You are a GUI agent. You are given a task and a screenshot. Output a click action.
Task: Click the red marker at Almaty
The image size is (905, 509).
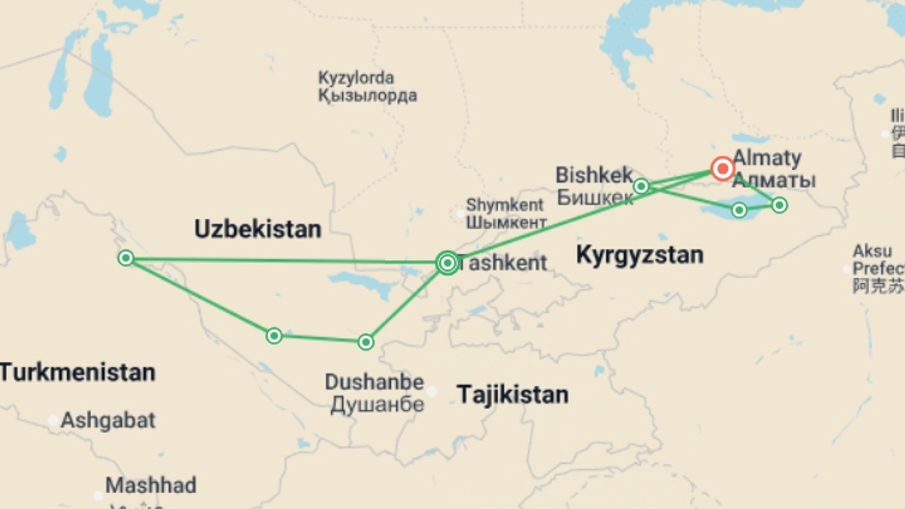pyautogui.click(x=723, y=168)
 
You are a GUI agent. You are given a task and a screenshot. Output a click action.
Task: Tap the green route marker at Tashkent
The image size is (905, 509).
pyautogui.click(x=447, y=263)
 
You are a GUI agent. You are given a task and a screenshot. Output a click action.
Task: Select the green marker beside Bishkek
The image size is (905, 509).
pyautogui.click(x=641, y=186)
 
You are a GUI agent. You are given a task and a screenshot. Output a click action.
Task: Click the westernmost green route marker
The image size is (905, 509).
pyautogui.click(x=126, y=258)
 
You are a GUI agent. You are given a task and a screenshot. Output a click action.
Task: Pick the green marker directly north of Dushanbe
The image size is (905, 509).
pyautogui.click(x=366, y=342)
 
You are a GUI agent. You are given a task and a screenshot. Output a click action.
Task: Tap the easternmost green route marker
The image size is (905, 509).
pyautogui.click(x=779, y=205)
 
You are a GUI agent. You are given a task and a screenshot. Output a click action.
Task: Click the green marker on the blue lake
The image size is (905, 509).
pyautogui.click(x=739, y=210)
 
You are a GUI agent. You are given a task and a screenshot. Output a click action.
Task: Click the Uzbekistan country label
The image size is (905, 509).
pyautogui.click(x=258, y=230)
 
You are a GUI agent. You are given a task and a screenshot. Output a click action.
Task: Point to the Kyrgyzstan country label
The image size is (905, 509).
pyautogui.click(x=640, y=255)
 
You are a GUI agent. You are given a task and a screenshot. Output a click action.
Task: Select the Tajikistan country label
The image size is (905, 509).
pyautogui.click(x=512, y=394)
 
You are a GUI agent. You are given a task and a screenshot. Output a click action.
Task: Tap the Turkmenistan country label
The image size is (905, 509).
pyautogui.click(x=77, y=372)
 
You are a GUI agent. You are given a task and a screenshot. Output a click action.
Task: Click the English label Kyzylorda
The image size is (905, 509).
pyautogui.click(x=356, y=78)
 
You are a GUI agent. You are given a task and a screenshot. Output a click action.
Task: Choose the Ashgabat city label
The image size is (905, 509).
pyautogui.click(x=108, y=420)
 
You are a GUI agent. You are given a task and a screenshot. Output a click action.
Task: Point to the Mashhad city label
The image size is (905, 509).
pyautogui.click(x=151, y=485)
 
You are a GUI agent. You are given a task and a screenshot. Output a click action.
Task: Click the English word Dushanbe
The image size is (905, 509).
pyautogui.click(x=374, y=382)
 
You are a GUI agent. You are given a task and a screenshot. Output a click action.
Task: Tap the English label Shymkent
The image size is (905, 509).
pyautogui.click(x=504, y=205)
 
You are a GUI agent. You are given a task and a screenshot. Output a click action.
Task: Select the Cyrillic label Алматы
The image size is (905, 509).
pyautogui.click(x=774, y=181)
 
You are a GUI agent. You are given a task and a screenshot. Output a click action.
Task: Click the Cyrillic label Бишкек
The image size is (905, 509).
pyautogui.click(x=595, y=197)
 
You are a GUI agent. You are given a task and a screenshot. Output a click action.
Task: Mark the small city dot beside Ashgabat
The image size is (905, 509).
pyautogui.click(x=53, y=420)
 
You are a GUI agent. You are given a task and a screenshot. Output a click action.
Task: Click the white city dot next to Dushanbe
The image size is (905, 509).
pyautogui.click(x=432, y=391)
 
